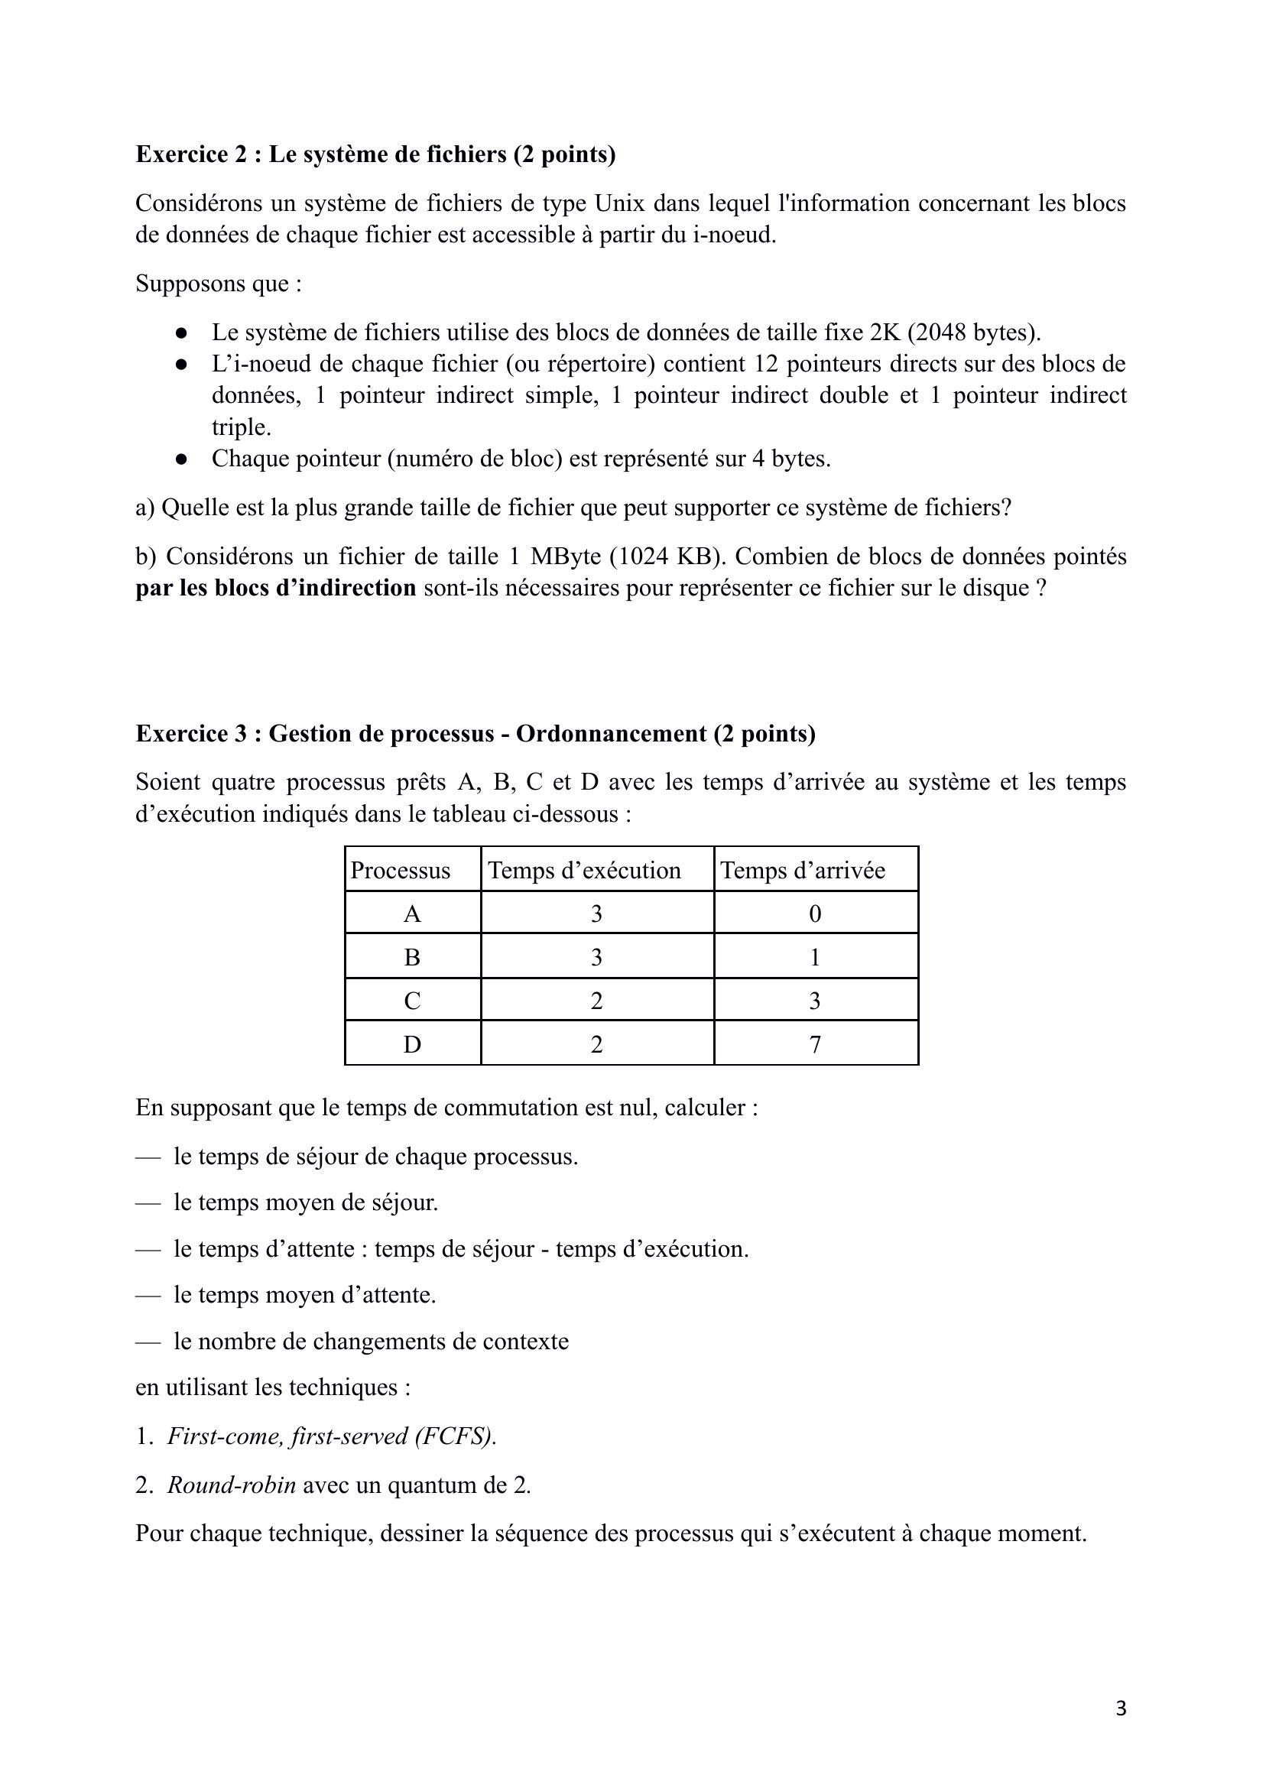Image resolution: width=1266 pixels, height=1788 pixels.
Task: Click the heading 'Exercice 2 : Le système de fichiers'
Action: [375, 154]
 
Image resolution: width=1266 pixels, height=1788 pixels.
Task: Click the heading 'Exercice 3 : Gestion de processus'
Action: [475, 733]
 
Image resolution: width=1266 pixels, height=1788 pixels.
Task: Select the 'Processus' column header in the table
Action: [400, 870]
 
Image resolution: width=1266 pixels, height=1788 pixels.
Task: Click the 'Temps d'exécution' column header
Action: [584, 870]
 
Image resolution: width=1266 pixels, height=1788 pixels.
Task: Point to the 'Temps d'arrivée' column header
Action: [802, 870]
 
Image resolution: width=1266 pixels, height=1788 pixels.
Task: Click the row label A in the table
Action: [412, 913]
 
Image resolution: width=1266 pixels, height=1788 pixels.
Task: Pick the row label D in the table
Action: [412, 1043]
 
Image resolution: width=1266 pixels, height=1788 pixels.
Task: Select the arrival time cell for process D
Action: [816, 1043]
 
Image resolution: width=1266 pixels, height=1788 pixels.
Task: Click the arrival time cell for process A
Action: [816, 913]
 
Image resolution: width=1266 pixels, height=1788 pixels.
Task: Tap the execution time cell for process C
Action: [596, 1000]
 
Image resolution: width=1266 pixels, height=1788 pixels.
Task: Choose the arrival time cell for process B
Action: [816, 957]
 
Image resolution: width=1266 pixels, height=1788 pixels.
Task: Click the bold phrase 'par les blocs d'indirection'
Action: [276, 588]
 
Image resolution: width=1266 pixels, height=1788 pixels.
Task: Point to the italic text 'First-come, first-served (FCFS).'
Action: [332, 1436]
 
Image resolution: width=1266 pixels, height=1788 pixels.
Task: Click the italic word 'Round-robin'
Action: [232, 1485]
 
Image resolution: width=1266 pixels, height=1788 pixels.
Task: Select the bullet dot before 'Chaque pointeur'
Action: [182, 459]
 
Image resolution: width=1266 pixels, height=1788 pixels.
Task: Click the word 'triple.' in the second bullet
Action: [241, 427]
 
